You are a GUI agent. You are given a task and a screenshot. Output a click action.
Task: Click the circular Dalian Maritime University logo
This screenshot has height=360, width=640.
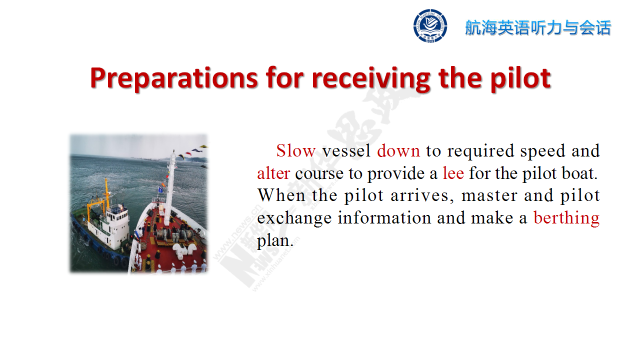pos(430,25)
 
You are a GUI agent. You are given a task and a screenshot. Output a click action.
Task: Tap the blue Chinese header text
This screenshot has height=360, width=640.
pos(538,27)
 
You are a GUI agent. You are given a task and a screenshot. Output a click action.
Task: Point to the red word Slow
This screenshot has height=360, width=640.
pos(296,150)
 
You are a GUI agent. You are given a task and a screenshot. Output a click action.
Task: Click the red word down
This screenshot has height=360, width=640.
pos(398,150)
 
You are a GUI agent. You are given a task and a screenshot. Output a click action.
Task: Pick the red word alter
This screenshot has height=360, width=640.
pos(273,173)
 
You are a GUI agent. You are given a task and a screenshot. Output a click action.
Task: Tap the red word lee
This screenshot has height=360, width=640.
pos(453,173)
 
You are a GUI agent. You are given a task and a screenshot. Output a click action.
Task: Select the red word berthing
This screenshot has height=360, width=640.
pos(566,218)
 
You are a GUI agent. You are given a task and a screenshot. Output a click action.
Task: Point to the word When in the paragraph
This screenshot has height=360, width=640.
pos(281,195)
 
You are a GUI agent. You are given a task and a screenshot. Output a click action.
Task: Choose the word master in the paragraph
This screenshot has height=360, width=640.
pos(489,196)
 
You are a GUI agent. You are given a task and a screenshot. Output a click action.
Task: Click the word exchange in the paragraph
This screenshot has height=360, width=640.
pos(294,218)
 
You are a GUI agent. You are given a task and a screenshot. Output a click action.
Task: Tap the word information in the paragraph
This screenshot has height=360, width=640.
pos(384,218)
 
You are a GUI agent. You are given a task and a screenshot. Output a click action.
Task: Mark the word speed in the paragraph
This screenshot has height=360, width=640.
pos(543,151)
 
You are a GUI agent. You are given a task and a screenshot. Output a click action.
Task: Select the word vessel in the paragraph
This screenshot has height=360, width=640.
pos(346,150)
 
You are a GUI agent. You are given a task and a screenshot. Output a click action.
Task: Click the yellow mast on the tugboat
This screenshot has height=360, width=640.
pos(107,194)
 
